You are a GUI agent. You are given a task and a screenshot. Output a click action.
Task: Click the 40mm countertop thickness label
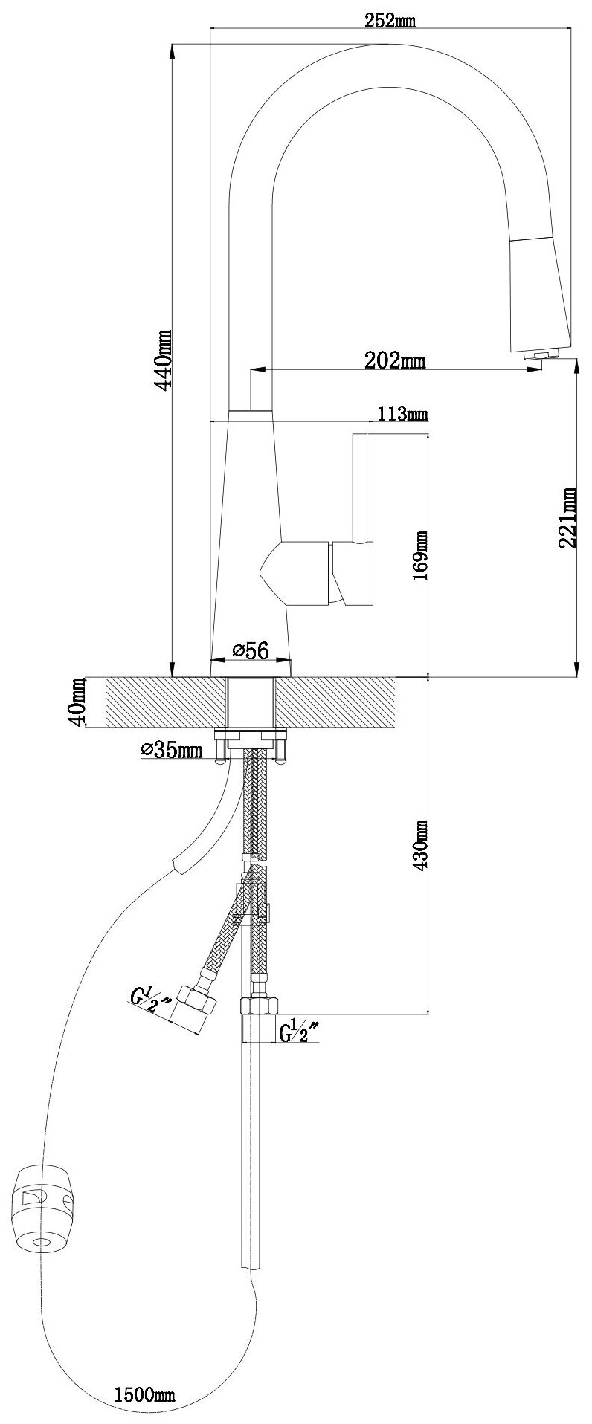(75, 703)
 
